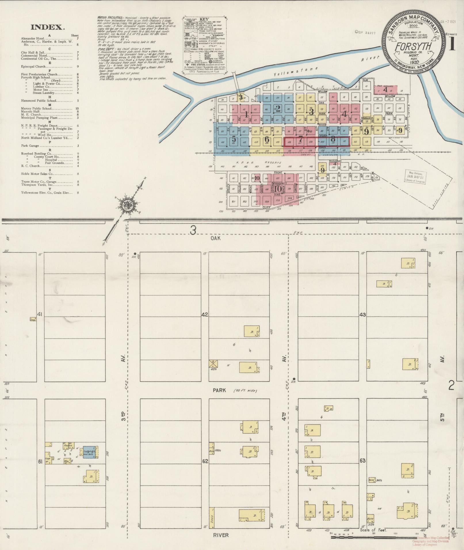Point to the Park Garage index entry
(x=28, y=146)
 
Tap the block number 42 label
(x=205, y=315)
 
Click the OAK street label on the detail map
(x=215, y=238)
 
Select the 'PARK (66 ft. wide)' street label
(x=234, y=390)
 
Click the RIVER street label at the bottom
(x=221, y=535)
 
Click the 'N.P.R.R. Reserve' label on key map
(x=265, y=162)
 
